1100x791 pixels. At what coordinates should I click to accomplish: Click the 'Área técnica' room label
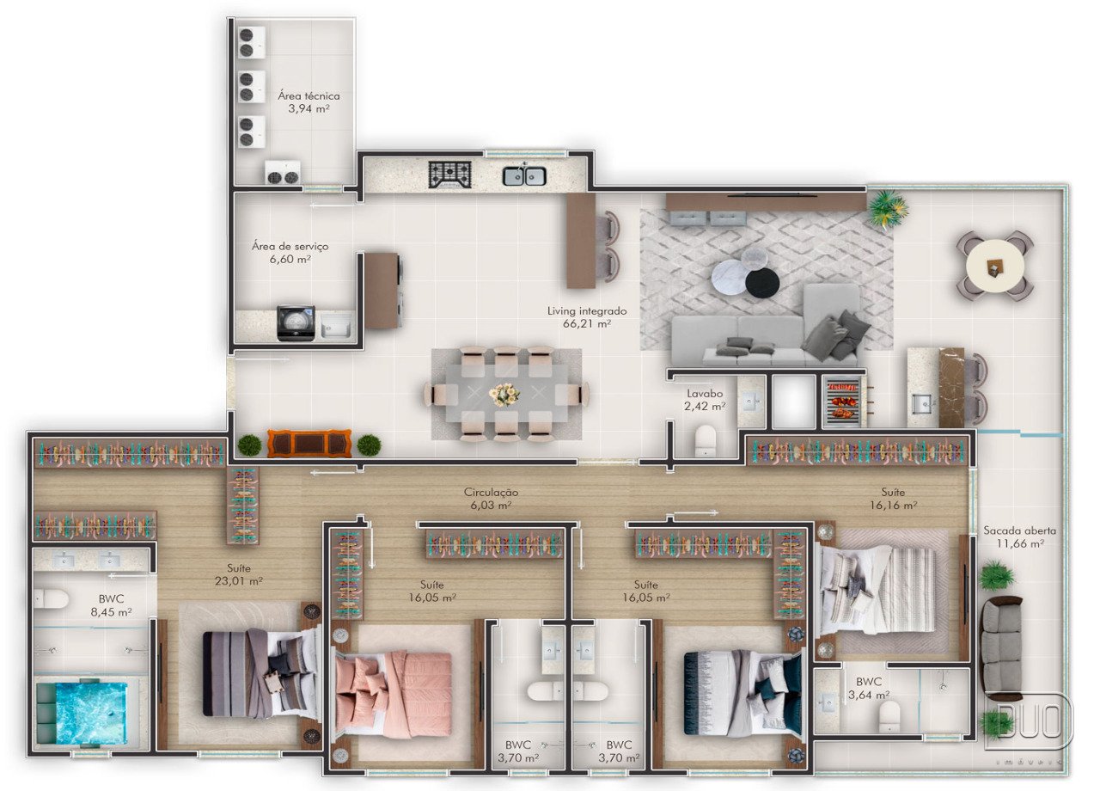[x=309, y=95]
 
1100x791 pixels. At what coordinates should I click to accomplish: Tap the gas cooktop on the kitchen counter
[x=449, y=175]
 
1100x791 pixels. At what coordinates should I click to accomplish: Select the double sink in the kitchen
[x=524, y=175]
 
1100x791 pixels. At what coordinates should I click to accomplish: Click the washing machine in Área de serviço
[x=296, y=322]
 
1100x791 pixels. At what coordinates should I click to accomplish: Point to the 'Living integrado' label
[x=587, y=311]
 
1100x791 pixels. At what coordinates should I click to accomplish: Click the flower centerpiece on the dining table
[x=504, y=394]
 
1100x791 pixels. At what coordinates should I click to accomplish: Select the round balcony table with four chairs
[x=995, y=267]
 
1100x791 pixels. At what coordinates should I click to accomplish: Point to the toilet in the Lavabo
[x=706, y=440]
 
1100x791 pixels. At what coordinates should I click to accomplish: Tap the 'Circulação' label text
[x=491, y=492]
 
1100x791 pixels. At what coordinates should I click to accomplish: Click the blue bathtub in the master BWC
[x=82, y=713]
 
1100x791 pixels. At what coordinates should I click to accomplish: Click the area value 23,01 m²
[x=238, y=581]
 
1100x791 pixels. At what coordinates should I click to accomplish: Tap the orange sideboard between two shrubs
[x=309, y=443]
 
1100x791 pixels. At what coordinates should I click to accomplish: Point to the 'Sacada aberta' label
[x=1019, y=530]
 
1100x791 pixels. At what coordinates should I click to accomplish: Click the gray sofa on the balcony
[x=1002, y=647]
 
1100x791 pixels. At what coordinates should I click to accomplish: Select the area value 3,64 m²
[x=869, y=696]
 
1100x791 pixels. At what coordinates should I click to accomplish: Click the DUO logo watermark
[x=1030, y=721]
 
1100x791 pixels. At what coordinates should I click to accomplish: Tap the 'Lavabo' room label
[x=705, y=394]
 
